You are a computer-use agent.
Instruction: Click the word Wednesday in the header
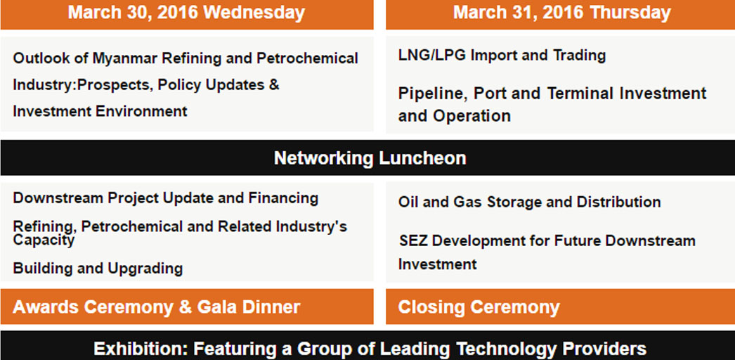click(254, 13)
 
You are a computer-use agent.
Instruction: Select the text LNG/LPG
click(431, 56)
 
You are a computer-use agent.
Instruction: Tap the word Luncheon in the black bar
click(422, 158)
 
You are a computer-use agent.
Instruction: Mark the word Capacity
click(44, 240)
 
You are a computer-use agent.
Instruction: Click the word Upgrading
click(145, 269)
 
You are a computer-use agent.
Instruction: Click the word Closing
click(431, 307)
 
